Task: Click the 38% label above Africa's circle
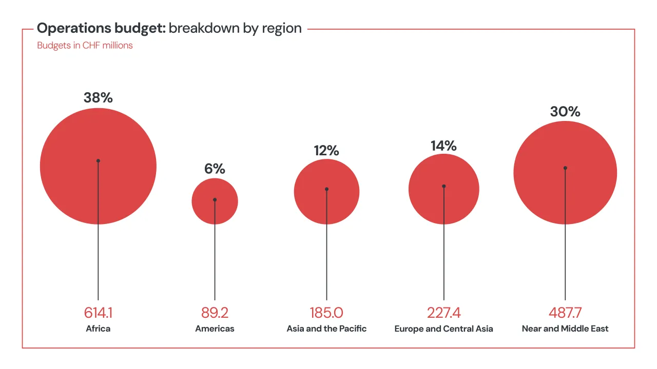click(98, 98)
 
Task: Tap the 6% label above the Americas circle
click(215, 169)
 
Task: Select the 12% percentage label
click(326, 151)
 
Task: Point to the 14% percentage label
click(443, 146)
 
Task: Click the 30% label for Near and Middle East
click(565, 112)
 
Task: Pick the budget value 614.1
click(98, 313)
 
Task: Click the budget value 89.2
click(215, 313)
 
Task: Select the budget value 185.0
click(326, 313)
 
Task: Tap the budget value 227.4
click(443, 313)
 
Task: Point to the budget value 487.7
click(565, 313)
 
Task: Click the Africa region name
click(98, 329)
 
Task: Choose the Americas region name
click(215, 329)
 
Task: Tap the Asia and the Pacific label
click(326, 329)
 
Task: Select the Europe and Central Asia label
click(443, 329)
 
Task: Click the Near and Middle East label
click(565, 329)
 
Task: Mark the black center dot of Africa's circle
click(98, 160)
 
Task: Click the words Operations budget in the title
click(101, 28)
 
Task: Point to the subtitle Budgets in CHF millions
click(85, 46)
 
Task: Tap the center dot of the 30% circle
click(565, 168)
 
